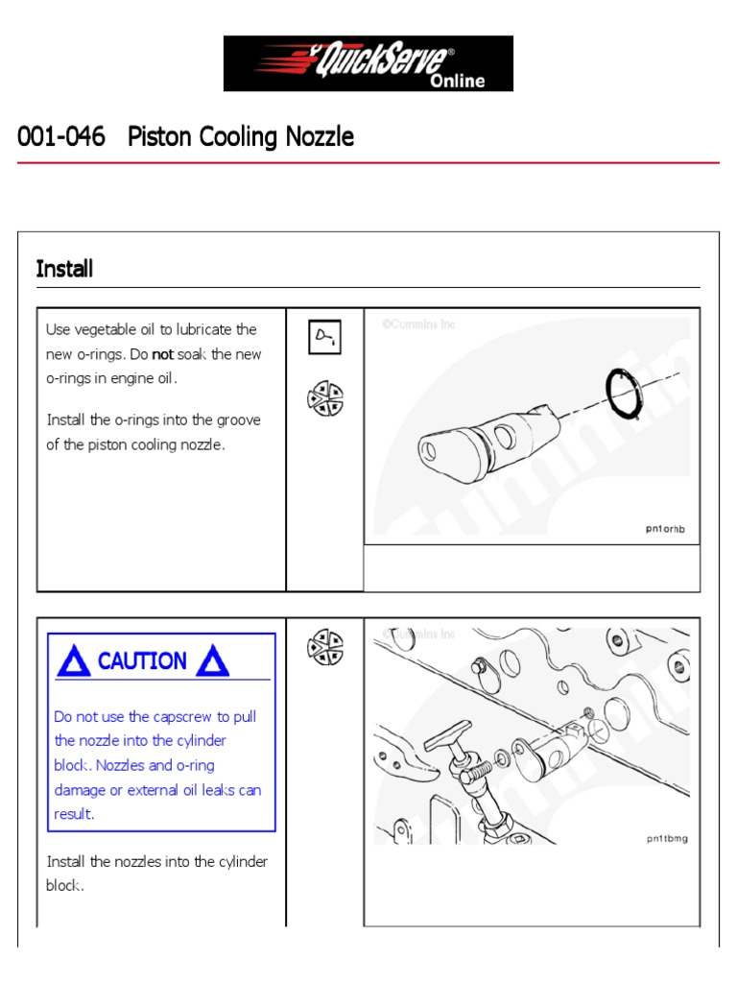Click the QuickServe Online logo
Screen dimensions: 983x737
(x=368, y=63)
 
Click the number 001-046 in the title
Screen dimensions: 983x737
(x=61, y=137)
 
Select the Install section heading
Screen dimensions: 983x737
(x=64, y=269)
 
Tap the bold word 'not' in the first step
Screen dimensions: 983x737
(x=162, y=354)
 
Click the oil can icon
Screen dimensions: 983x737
(x=324, y=338)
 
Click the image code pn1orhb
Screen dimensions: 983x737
(x=665, y=528)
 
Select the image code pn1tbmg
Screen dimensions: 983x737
(x=666, y=838)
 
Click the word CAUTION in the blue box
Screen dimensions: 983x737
(x=142, y=660)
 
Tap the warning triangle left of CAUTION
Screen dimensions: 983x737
(x=74, y=660)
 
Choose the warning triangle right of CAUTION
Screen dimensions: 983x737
(x=212, y=660)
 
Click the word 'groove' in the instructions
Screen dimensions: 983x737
(x=233, y=420)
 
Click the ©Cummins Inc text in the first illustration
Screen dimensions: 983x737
(x=419, y=324)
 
